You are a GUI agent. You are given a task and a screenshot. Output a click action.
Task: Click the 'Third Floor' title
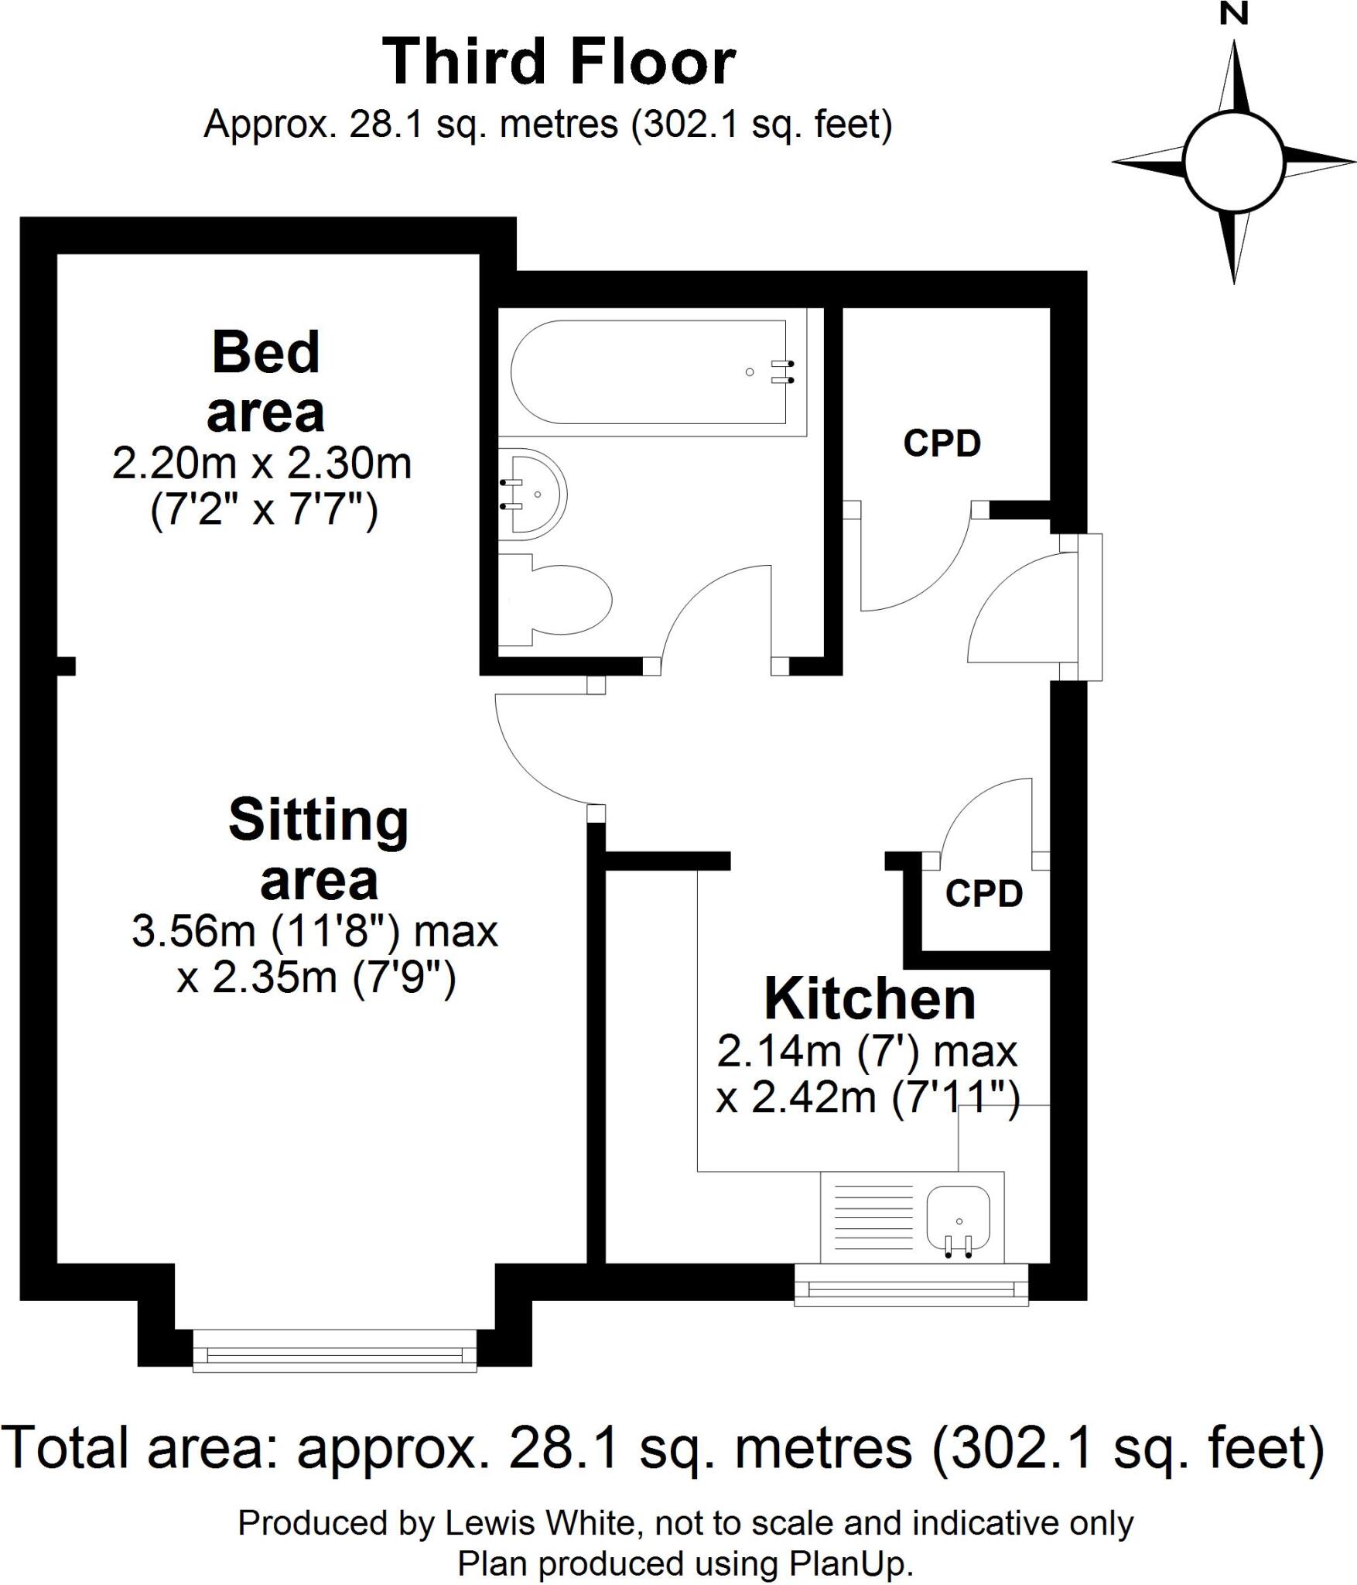[x=559, y=62]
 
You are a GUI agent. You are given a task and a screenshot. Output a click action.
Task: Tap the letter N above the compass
[x=1233, y=13]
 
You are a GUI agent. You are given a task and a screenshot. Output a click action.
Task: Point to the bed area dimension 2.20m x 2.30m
[x=261, y=464]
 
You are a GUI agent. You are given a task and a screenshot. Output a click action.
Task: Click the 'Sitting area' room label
[x=319, y=849]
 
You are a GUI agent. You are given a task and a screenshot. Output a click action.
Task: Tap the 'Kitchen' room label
[x=870, y=999]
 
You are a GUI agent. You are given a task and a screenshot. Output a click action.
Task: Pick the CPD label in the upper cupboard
[x=942, y=443]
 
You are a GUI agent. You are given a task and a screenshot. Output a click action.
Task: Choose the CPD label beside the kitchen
[x=984, y=894]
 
